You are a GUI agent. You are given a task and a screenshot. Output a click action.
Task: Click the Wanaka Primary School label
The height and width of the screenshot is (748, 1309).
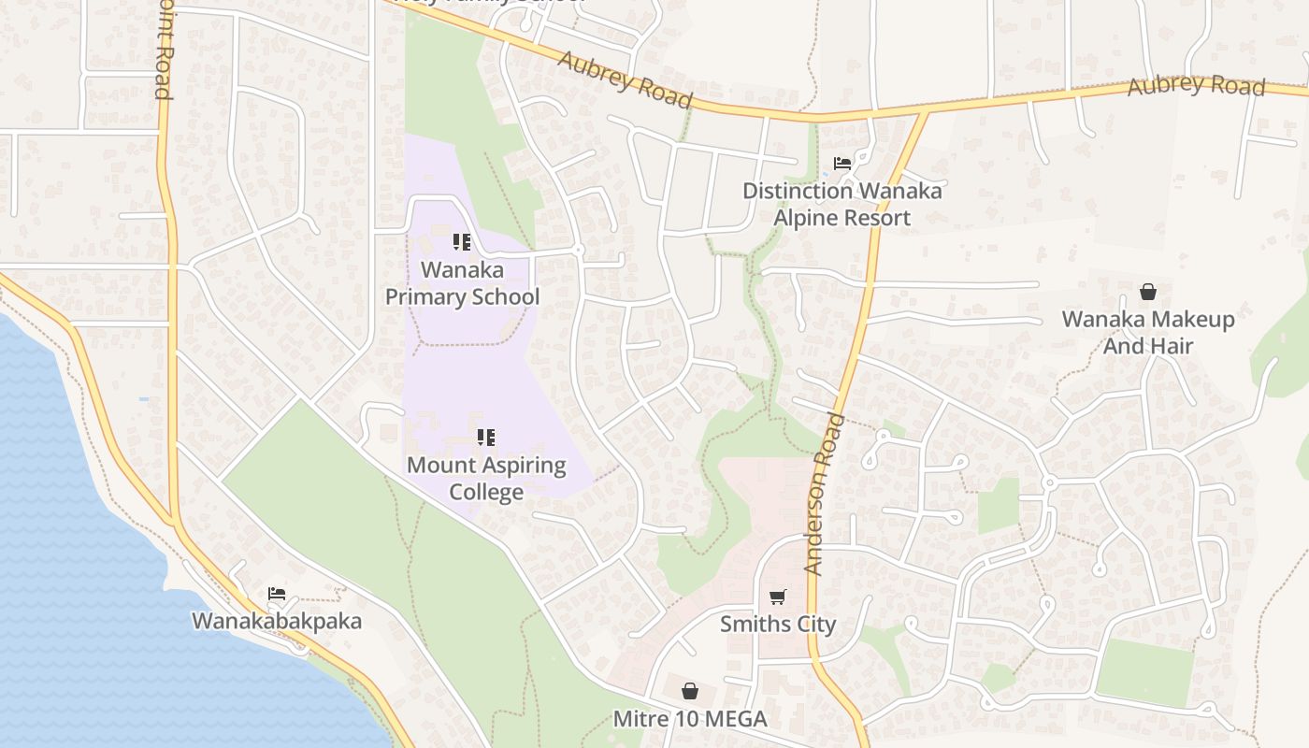463,283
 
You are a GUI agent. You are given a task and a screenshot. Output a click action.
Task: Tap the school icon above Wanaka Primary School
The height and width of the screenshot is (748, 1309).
461,242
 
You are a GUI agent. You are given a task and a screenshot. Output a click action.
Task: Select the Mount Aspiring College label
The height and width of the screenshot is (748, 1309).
486,478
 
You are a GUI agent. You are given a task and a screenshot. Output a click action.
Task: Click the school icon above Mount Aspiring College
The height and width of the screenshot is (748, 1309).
485,437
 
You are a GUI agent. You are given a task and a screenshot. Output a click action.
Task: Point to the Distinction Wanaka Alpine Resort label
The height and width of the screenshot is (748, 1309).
841,204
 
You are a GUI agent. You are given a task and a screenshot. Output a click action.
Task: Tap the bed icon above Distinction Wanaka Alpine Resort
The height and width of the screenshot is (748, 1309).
841,164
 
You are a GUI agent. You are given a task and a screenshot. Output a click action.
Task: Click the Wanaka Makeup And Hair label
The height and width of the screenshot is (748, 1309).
1148,332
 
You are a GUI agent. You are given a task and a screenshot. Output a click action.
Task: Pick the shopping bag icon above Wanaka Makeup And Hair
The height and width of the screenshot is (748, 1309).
1148,291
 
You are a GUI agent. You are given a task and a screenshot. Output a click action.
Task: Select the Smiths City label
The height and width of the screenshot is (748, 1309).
778,624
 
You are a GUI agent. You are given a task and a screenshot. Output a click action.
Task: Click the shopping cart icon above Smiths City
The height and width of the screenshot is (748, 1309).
777,597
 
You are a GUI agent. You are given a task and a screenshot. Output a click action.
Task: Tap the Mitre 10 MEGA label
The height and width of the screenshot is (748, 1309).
690,719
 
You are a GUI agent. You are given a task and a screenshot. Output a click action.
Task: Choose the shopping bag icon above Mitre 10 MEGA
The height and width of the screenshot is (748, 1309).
690,691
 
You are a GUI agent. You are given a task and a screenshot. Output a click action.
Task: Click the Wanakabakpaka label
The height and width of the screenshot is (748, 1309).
277,621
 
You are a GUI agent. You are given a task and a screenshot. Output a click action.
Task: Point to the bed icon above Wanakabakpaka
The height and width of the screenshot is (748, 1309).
276,593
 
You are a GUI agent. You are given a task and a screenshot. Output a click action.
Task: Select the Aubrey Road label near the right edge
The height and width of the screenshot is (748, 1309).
1196,86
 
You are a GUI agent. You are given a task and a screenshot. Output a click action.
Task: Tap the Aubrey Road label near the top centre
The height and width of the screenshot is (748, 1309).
626,79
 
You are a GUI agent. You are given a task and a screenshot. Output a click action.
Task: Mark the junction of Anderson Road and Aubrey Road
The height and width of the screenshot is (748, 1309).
925,112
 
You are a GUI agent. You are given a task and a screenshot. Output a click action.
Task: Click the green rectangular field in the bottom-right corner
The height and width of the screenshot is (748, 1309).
1145,671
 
